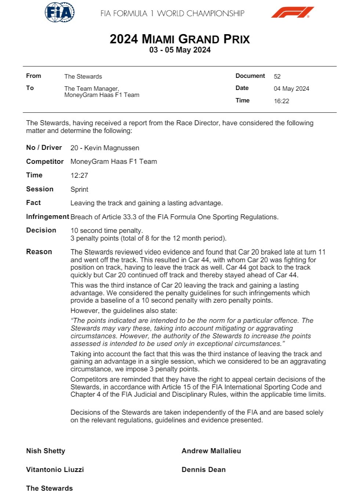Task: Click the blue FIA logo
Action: tap(59, 12)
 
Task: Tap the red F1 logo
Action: tap(292, 12)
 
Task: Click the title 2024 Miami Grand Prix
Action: tap(179, 39)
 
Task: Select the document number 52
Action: tap(277, 76)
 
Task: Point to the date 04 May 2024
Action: tap(291, 89)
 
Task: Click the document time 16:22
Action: tap(281, 101)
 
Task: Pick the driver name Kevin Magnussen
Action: tap(112, 148)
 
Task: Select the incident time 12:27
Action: tap(79, 176)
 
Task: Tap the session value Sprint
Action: tap(79, 190)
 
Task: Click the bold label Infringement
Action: tap(47, 217)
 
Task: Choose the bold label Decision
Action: tap(41, 230)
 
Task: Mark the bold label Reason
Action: tap(39, 252)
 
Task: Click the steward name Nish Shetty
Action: tap(46, 451)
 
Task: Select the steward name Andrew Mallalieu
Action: tap(211, 451)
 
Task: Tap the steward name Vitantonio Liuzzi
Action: tap(55, 470)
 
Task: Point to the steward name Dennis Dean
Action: tap(203, 470)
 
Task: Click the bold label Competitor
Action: tap(45, 162)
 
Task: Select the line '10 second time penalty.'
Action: tap(106, 231)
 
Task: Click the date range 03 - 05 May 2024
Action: tap(180, 50)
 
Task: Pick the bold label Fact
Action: tap(33, 203)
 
